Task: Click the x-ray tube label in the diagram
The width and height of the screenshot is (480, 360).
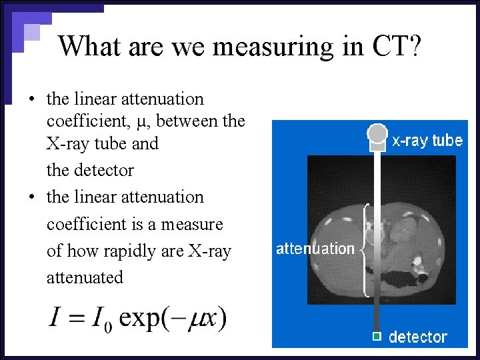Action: point(427,141)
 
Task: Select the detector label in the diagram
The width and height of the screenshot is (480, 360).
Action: point(418,337)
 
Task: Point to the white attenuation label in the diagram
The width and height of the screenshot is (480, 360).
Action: point(315,249)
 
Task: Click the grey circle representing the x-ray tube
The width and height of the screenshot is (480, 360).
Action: point(378,133)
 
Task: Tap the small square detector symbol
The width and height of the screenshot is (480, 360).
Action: point(377,336)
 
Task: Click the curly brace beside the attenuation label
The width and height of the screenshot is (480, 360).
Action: point(365,249)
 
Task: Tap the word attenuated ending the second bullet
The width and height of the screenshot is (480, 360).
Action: point(85,277)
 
